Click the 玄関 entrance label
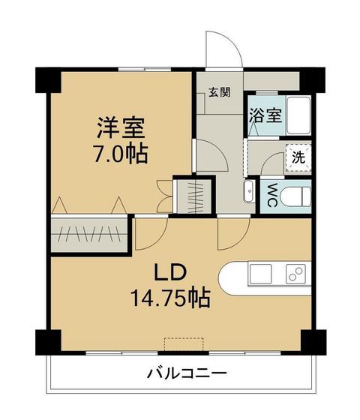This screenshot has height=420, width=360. click(x=220, y=92)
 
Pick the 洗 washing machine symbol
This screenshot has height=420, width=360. click(x=298, y=158)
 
